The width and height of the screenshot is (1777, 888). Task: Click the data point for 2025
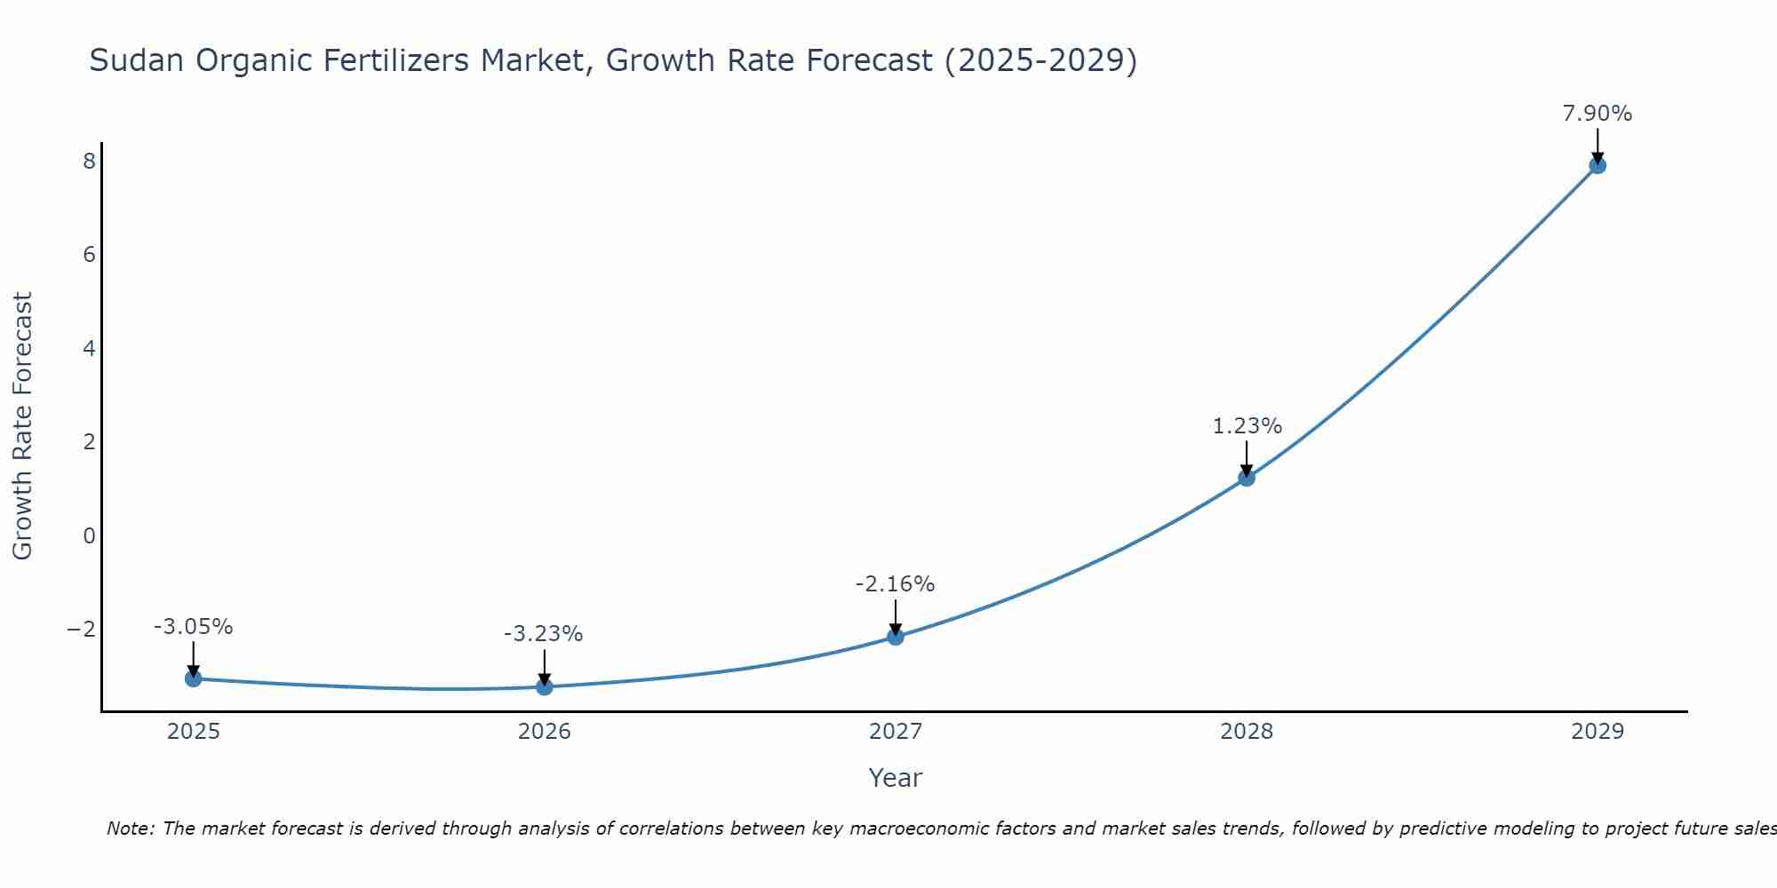(193, 678)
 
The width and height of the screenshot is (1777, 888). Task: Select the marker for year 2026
(544, 686)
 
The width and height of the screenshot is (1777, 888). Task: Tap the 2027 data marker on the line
(895, 637)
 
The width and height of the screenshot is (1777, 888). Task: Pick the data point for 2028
(1246, 478)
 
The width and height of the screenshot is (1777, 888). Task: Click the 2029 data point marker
(1597, 165)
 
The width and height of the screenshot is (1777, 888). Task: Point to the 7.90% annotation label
(1597, 114)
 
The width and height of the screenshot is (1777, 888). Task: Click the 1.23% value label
(1247, 426)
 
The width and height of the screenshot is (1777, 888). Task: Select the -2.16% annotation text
(895, 584)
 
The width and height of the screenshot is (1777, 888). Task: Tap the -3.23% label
(543, 634)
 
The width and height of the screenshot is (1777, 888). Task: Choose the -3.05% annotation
(193, 627)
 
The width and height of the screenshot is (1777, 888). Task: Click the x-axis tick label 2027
(895, 732)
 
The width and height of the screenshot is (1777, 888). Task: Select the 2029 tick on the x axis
(1597, 732)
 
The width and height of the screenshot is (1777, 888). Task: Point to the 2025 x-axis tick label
(193, 732)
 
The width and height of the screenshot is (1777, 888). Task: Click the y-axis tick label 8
(89, 162)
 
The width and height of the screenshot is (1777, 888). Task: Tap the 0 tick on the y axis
(89, 535)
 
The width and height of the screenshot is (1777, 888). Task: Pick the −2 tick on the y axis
(81, 630)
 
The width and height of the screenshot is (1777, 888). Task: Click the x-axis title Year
(895, 778)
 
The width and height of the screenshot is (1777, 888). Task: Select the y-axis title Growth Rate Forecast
(22, 426)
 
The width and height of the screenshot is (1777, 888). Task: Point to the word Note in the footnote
(130, 829)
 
